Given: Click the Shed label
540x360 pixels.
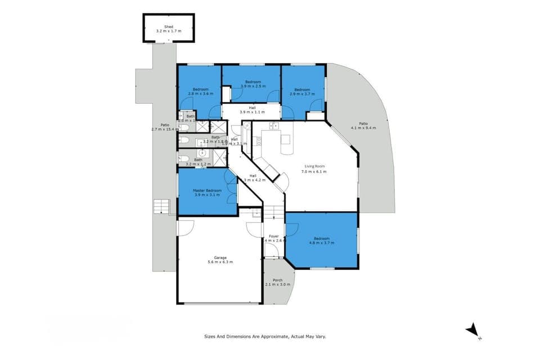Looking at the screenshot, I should [168, 26].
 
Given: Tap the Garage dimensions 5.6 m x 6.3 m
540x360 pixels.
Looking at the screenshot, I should [220, 262].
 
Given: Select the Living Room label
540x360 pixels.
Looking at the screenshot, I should [316, 166].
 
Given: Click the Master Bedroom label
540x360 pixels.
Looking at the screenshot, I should [207, 190].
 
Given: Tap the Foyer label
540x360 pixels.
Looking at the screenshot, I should [274, 236].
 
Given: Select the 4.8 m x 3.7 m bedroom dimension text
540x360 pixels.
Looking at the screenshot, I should [322, 243].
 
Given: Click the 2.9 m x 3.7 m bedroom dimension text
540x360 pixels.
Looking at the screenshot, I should [302, 94].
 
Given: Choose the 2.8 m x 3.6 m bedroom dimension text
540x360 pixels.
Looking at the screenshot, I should [200, 94].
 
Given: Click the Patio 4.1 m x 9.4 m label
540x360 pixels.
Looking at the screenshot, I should [363, 128].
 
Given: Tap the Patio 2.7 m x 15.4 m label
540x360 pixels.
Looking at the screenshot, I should [164, 129].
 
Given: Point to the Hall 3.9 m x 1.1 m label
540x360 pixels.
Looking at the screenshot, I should [252, 112].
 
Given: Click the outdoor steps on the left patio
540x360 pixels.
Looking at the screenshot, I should [161, 206].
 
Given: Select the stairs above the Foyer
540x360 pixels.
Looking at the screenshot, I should [273, 213].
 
